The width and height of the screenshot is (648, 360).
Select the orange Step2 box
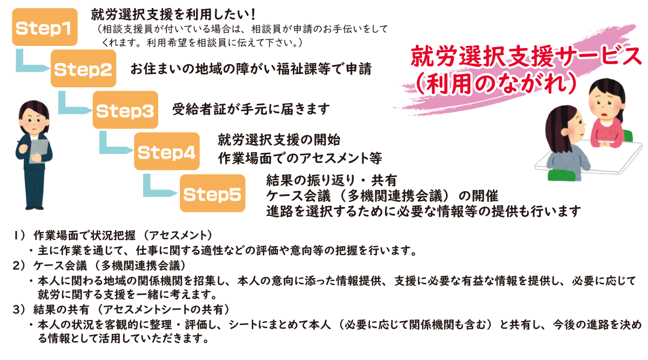[83, 69]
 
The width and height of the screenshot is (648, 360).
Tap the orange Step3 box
[125, 110]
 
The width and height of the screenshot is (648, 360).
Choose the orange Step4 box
[166, 152]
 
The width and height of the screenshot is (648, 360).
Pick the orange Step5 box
[212, 194]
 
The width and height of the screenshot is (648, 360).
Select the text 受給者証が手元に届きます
[251, 110]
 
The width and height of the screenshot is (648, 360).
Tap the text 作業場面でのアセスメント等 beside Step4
[300, 158]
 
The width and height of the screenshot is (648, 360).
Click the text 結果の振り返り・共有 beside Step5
[332, 180]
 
